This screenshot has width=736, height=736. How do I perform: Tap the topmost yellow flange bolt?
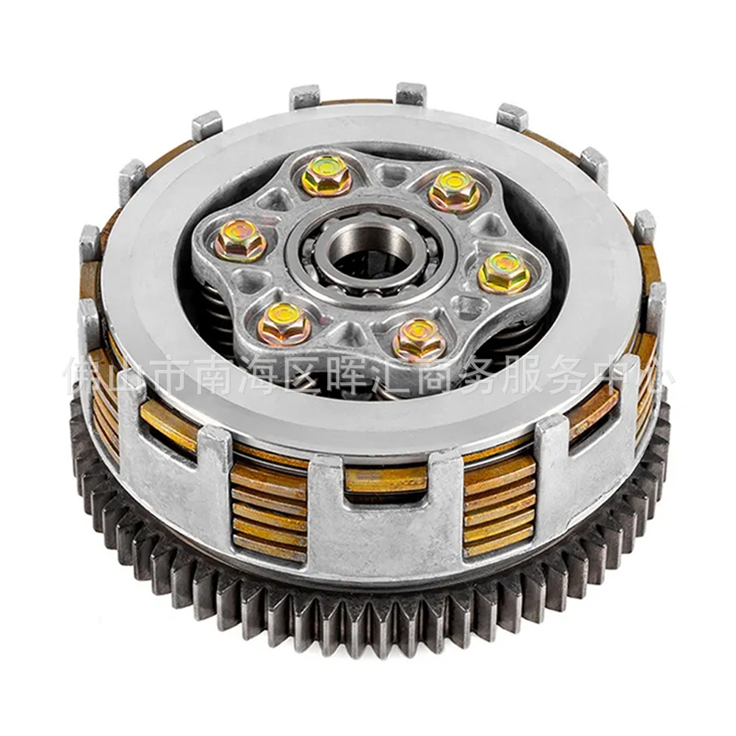coord(326,174)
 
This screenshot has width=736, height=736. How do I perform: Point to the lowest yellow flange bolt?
coord(419,339)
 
